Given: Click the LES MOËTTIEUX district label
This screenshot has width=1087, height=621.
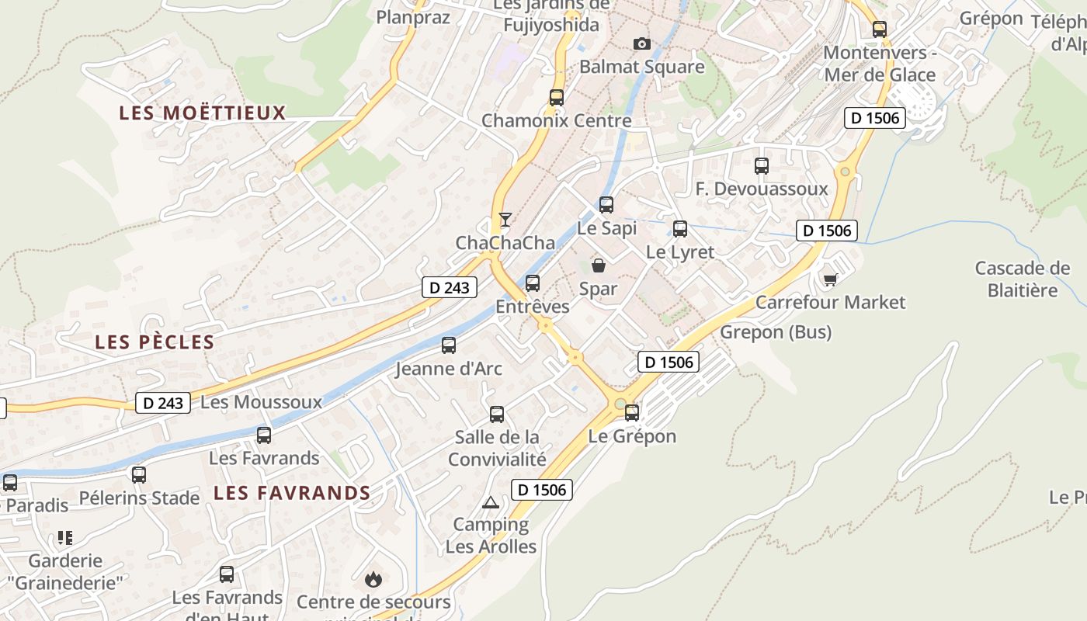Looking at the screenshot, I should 203,113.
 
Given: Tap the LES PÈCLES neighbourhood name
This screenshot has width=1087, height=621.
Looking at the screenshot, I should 155,342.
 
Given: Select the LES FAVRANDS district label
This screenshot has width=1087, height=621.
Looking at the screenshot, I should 292,493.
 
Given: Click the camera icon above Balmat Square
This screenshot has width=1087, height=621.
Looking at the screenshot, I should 641,43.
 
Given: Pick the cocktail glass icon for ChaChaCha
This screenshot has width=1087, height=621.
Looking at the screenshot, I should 505,220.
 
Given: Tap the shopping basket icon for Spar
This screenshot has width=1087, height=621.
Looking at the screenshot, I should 599,265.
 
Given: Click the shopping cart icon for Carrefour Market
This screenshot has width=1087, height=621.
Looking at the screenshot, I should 831,279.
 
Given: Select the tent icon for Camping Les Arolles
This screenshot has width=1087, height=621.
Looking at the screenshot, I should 490,502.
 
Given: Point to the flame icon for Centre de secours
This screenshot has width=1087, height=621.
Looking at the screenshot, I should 373,579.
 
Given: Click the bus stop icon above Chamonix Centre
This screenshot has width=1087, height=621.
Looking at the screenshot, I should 557,98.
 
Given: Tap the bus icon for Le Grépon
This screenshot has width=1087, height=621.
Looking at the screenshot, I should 632,413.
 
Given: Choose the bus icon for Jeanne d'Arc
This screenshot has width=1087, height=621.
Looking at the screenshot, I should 449,345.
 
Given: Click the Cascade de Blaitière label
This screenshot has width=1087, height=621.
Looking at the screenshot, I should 1022,279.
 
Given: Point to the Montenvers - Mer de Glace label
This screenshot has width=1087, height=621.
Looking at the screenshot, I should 880,64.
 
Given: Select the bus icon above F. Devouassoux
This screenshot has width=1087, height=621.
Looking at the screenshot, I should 762,165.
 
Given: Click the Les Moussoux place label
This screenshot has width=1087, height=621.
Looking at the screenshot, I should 261,402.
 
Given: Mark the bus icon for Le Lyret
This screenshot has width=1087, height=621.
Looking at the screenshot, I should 680,229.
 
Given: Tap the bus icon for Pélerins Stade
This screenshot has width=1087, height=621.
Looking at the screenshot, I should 139,475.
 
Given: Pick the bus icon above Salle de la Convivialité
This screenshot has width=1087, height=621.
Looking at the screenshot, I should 497,415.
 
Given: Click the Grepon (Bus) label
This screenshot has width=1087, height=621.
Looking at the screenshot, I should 776,332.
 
